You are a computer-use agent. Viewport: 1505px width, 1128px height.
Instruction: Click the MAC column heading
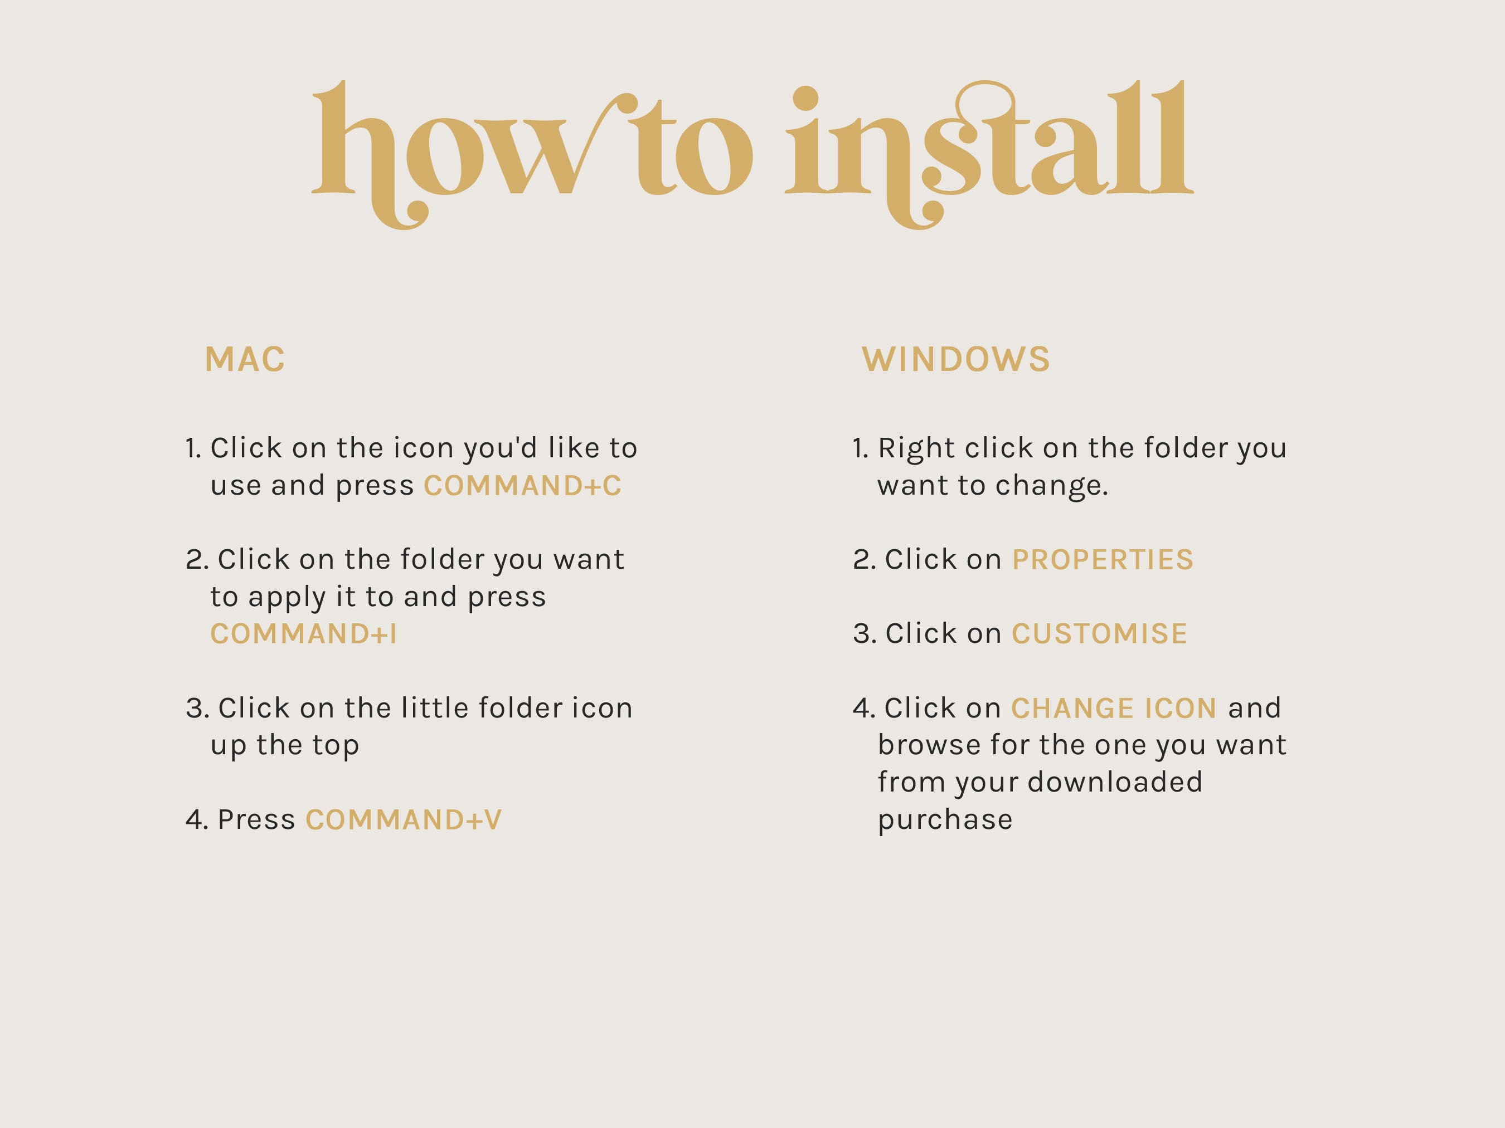point(244,359)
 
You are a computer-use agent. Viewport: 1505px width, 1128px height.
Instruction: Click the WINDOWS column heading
point(956,359)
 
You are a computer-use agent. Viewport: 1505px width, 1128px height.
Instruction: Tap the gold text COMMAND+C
point(522,486)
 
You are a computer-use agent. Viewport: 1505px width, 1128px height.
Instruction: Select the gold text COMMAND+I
point(303,634)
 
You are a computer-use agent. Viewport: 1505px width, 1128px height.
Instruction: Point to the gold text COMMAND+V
point(404,819)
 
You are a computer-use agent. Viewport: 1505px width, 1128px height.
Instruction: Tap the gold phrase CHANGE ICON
point(1114,708)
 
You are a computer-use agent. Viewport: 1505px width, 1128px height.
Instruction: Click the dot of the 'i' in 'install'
point(805,98)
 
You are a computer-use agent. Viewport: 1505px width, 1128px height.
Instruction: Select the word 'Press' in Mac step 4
point(256,819)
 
